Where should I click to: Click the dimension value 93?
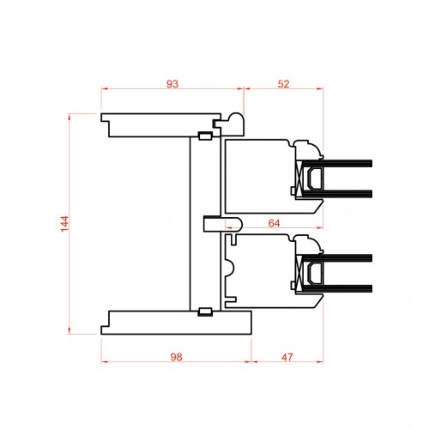pyautogui.click(x=172, y=84)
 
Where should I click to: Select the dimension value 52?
pyautogui.click(x=283, y=84)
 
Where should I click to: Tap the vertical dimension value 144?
pyautogui.click(x=65, y=224)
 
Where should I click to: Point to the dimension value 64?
pyautogui.click(x=274, y=223)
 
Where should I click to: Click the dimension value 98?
pyautogui.click(x=176, y=357)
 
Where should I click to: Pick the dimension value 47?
pyautogui.click(x=287, y=357)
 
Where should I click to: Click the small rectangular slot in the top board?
pyautogui.click(x=205, y=136)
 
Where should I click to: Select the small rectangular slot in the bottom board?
pyautogui.click(x=205, y=311)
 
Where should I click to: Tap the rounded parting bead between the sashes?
pyautogui.click(x=223, y=224)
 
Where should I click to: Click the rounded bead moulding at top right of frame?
pyautogui.click(x=233, y=124)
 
